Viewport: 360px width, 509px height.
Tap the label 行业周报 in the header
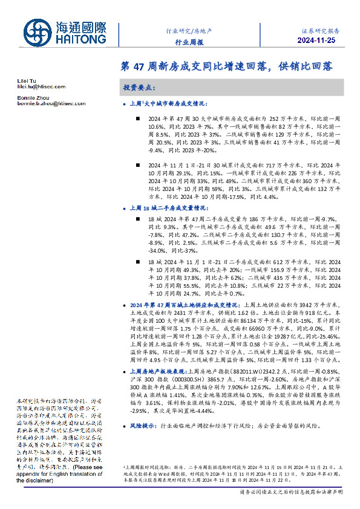click(189, 42)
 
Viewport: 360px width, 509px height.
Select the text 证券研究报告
click(321, 30)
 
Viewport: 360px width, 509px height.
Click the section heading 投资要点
click(139, 88)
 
